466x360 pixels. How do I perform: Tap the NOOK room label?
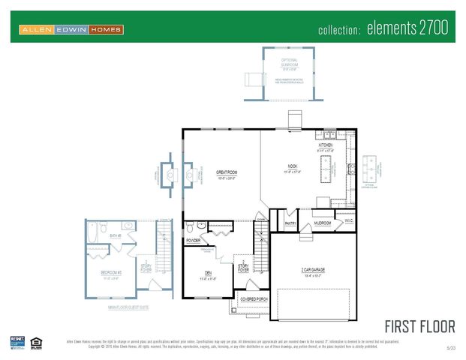(293, 166)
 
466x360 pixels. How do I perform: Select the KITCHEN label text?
(326, 145)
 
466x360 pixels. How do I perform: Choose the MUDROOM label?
(323, 223)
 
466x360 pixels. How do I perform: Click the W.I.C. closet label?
(346, 220)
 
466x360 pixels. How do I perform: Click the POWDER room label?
(194, 241)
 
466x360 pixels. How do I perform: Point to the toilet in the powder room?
(191, 226)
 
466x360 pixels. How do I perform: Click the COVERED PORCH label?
(254, 298)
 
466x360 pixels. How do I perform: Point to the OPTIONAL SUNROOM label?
(290, 61)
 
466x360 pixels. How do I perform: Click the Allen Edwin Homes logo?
(71, 30)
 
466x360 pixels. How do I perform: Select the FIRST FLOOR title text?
(419, 326)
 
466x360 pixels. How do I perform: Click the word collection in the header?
(340, 31)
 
